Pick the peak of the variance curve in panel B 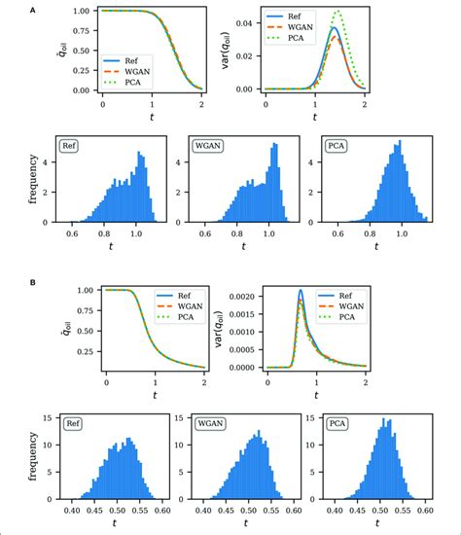coord(301,291)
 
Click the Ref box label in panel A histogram coord(70,148)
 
